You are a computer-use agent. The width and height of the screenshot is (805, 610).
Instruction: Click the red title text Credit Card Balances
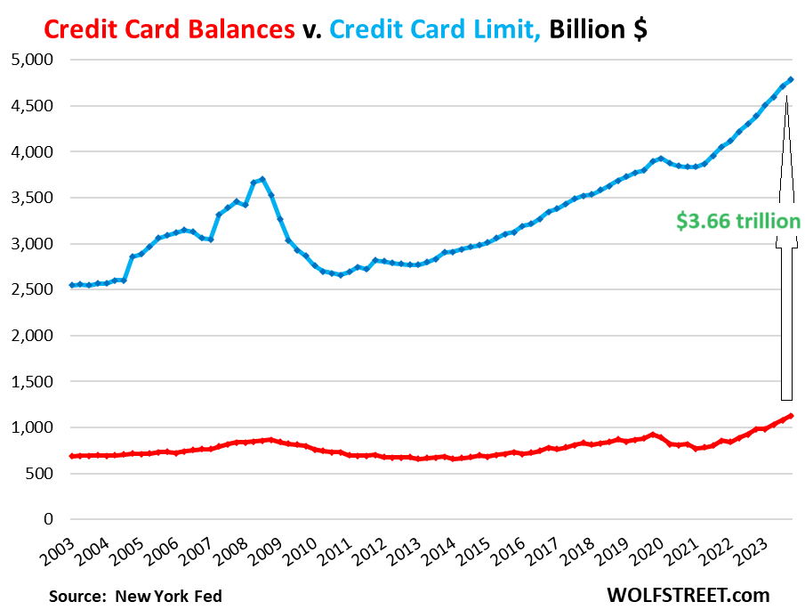tap(169, 28)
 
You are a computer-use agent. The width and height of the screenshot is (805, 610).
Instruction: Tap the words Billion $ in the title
tap(598, 28)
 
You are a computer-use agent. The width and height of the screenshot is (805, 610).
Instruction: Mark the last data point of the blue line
tap(791, 79)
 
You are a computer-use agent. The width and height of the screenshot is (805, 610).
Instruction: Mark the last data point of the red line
tap(791, 416)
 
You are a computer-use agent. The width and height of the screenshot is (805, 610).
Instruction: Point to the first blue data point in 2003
tap(70, 285)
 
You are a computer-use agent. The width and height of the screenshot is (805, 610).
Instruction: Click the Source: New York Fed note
tap(134, 595)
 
